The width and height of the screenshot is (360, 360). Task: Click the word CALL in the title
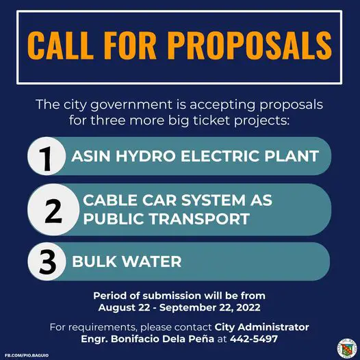pyautogui.click(x=60, y=45)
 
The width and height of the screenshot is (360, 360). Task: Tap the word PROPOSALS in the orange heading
pyautogui.click(x=250, y=45)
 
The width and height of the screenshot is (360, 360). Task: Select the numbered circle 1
pyautogui.click(x=47, y=156)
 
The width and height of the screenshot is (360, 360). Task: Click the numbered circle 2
pyautogui.click(x=53, y=209)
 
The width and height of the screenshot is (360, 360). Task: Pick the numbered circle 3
pyautogui.click(x=47, y=261)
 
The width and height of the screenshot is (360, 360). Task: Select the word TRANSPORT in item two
pyautogui.click(x=200, y=218)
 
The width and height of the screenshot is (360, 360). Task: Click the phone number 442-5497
pyautogui.click(x=254, y=339)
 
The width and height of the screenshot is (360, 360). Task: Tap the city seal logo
pyautogui.click(x=347, y=348)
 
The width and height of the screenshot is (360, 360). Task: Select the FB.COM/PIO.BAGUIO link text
pyautogui.click(x=27, y=355)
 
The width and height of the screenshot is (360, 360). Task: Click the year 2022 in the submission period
pyautogui.click(x=248, y=308)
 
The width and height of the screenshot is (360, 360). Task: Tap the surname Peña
pyautogui.click(x=203, y=339)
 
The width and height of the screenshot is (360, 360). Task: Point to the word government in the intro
pyautogui.click(x=131, y=105)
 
